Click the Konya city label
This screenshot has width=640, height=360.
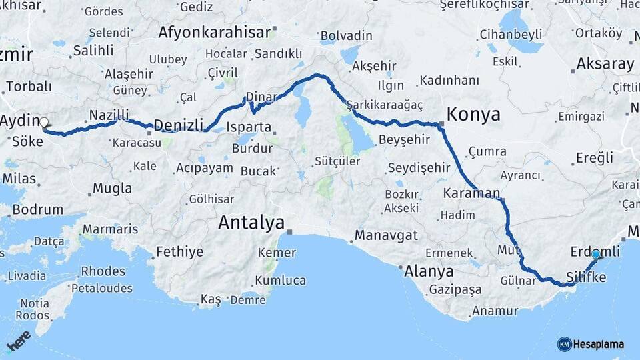point(473,114)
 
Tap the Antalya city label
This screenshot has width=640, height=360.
point(251,223)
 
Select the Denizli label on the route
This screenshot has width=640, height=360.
point(178,125)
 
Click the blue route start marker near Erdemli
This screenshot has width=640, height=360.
point(596,254)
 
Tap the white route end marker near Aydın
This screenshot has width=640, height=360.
point(44,122)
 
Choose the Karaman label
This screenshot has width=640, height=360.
point(471,193)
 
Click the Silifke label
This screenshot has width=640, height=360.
point(585,275)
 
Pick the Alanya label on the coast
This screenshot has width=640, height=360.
point(429,271)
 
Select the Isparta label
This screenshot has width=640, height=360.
point(249,127)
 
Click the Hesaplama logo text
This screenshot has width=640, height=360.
point(598,344)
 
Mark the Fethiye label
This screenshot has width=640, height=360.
point(179,252)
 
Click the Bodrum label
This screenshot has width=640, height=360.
point(38,209)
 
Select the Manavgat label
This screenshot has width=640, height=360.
point(386,235)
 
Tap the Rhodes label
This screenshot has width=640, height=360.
point(103,271)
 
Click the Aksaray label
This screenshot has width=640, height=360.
point(605,64)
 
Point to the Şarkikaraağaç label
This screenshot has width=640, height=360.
point(384,105)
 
